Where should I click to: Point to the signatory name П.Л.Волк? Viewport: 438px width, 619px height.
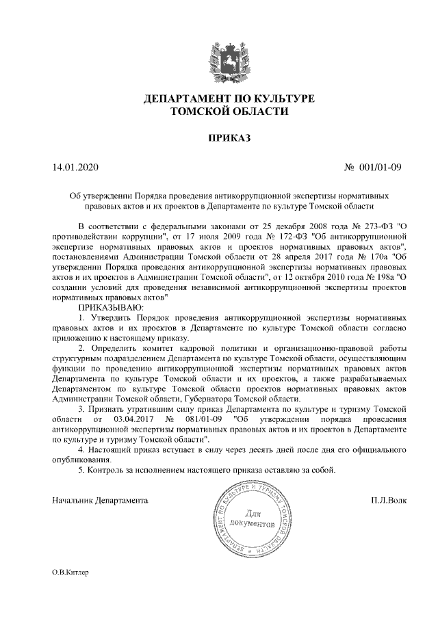click(x=387, y=500)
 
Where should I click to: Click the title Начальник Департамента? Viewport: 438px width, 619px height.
click(x=101, y=500)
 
